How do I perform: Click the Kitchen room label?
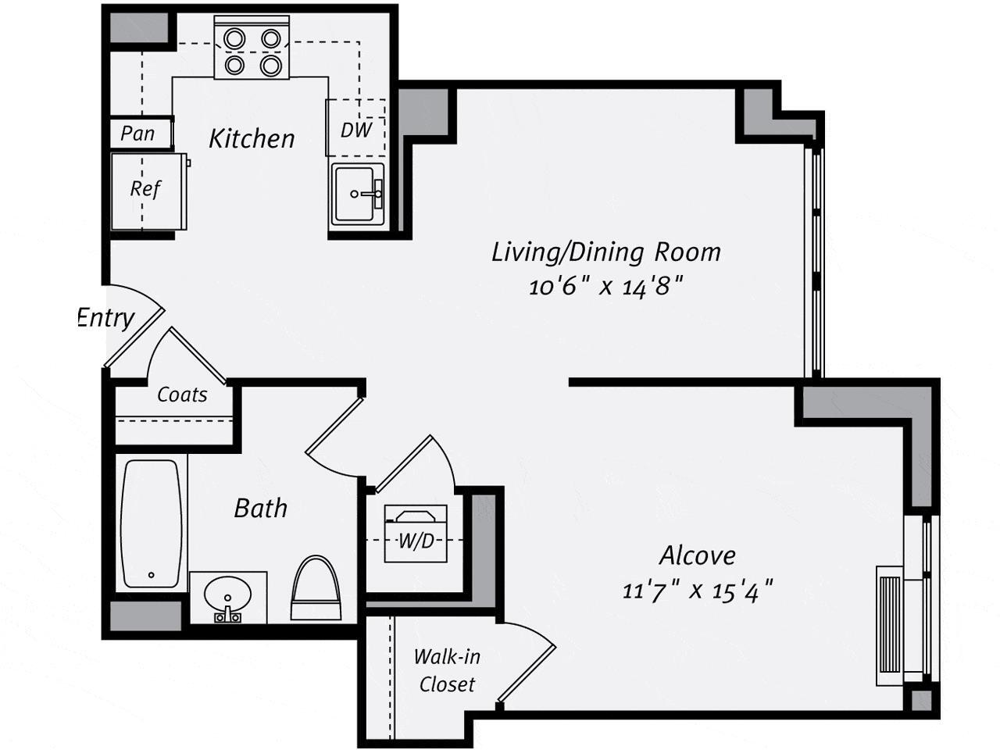[252, 139]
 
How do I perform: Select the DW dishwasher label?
[356, 130]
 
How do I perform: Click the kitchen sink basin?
[356, 194]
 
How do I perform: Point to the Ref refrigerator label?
[145, 189]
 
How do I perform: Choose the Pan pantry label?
[138, 134]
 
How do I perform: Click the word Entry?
[106, 318]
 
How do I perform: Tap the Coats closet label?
[182, 395]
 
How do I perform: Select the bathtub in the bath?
[152, 523]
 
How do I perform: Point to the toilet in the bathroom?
[316, 588]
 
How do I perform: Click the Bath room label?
[260, 509]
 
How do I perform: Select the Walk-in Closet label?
[447, 670]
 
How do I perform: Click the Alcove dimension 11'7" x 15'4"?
[697, 590]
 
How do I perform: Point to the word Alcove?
[697, 555]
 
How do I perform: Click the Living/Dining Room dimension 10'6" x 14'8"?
[606, 287]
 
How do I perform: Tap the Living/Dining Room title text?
[606, 252]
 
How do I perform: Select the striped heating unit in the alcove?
[891, 625]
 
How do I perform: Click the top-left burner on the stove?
[234, 38]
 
